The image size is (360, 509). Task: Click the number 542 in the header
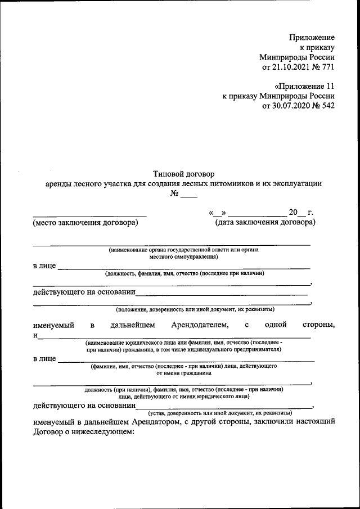click(x=328, y=107)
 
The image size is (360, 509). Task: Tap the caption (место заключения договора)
click(x=85, y=222)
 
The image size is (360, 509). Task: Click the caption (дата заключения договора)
click(x=265, y=222)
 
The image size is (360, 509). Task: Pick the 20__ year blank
click(x=297, y=212)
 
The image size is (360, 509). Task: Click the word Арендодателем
click(x=200, y=325)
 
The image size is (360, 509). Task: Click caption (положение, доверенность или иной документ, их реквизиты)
click(x=195, y=309)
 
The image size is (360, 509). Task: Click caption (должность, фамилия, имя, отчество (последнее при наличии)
click(x=184, y=273)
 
